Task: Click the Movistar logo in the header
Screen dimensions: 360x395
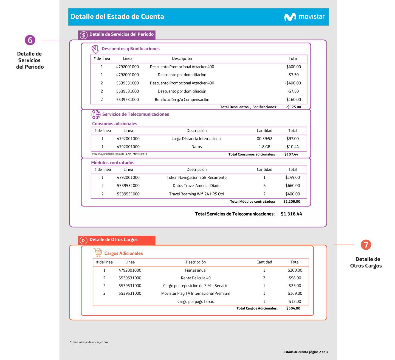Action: click(x=304, y=17)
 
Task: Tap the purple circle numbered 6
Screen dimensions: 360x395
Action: click(x=30, y=40)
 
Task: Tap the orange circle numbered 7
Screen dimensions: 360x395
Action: click(x=366, y=245)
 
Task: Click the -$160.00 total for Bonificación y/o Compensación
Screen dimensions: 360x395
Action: click(x=293, y=99)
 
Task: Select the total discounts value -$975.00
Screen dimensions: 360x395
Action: click(x=294, y=107)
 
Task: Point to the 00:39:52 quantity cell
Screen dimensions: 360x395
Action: click(x=264, y=139)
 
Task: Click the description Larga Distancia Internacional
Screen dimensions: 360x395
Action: click(x=196, y=139)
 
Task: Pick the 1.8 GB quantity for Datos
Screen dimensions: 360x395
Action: click(x=264, y=147)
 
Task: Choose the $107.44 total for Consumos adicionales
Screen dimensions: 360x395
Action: click(x=291, y=154)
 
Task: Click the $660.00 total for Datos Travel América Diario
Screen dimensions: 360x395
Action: click(x=293, y=186)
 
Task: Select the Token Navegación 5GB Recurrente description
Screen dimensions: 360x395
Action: click(x=196, y=178)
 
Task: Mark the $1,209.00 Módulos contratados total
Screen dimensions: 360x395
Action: click(x=292, y=202)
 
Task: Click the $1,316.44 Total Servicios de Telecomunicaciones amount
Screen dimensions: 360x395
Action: click(x=291, y=214)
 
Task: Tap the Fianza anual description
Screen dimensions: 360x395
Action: click(x=196, y=270)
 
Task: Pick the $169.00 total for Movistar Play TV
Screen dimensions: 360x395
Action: click(x=295, y=293)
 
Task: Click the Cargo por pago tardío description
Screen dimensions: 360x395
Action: click(x=196, y=302)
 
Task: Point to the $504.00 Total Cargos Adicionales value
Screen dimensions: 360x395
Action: click(x=293, y=308)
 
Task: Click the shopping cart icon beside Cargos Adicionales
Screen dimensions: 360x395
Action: click(x=98, y=252)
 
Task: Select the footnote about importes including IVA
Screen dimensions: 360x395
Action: click(x=89, y=342)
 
